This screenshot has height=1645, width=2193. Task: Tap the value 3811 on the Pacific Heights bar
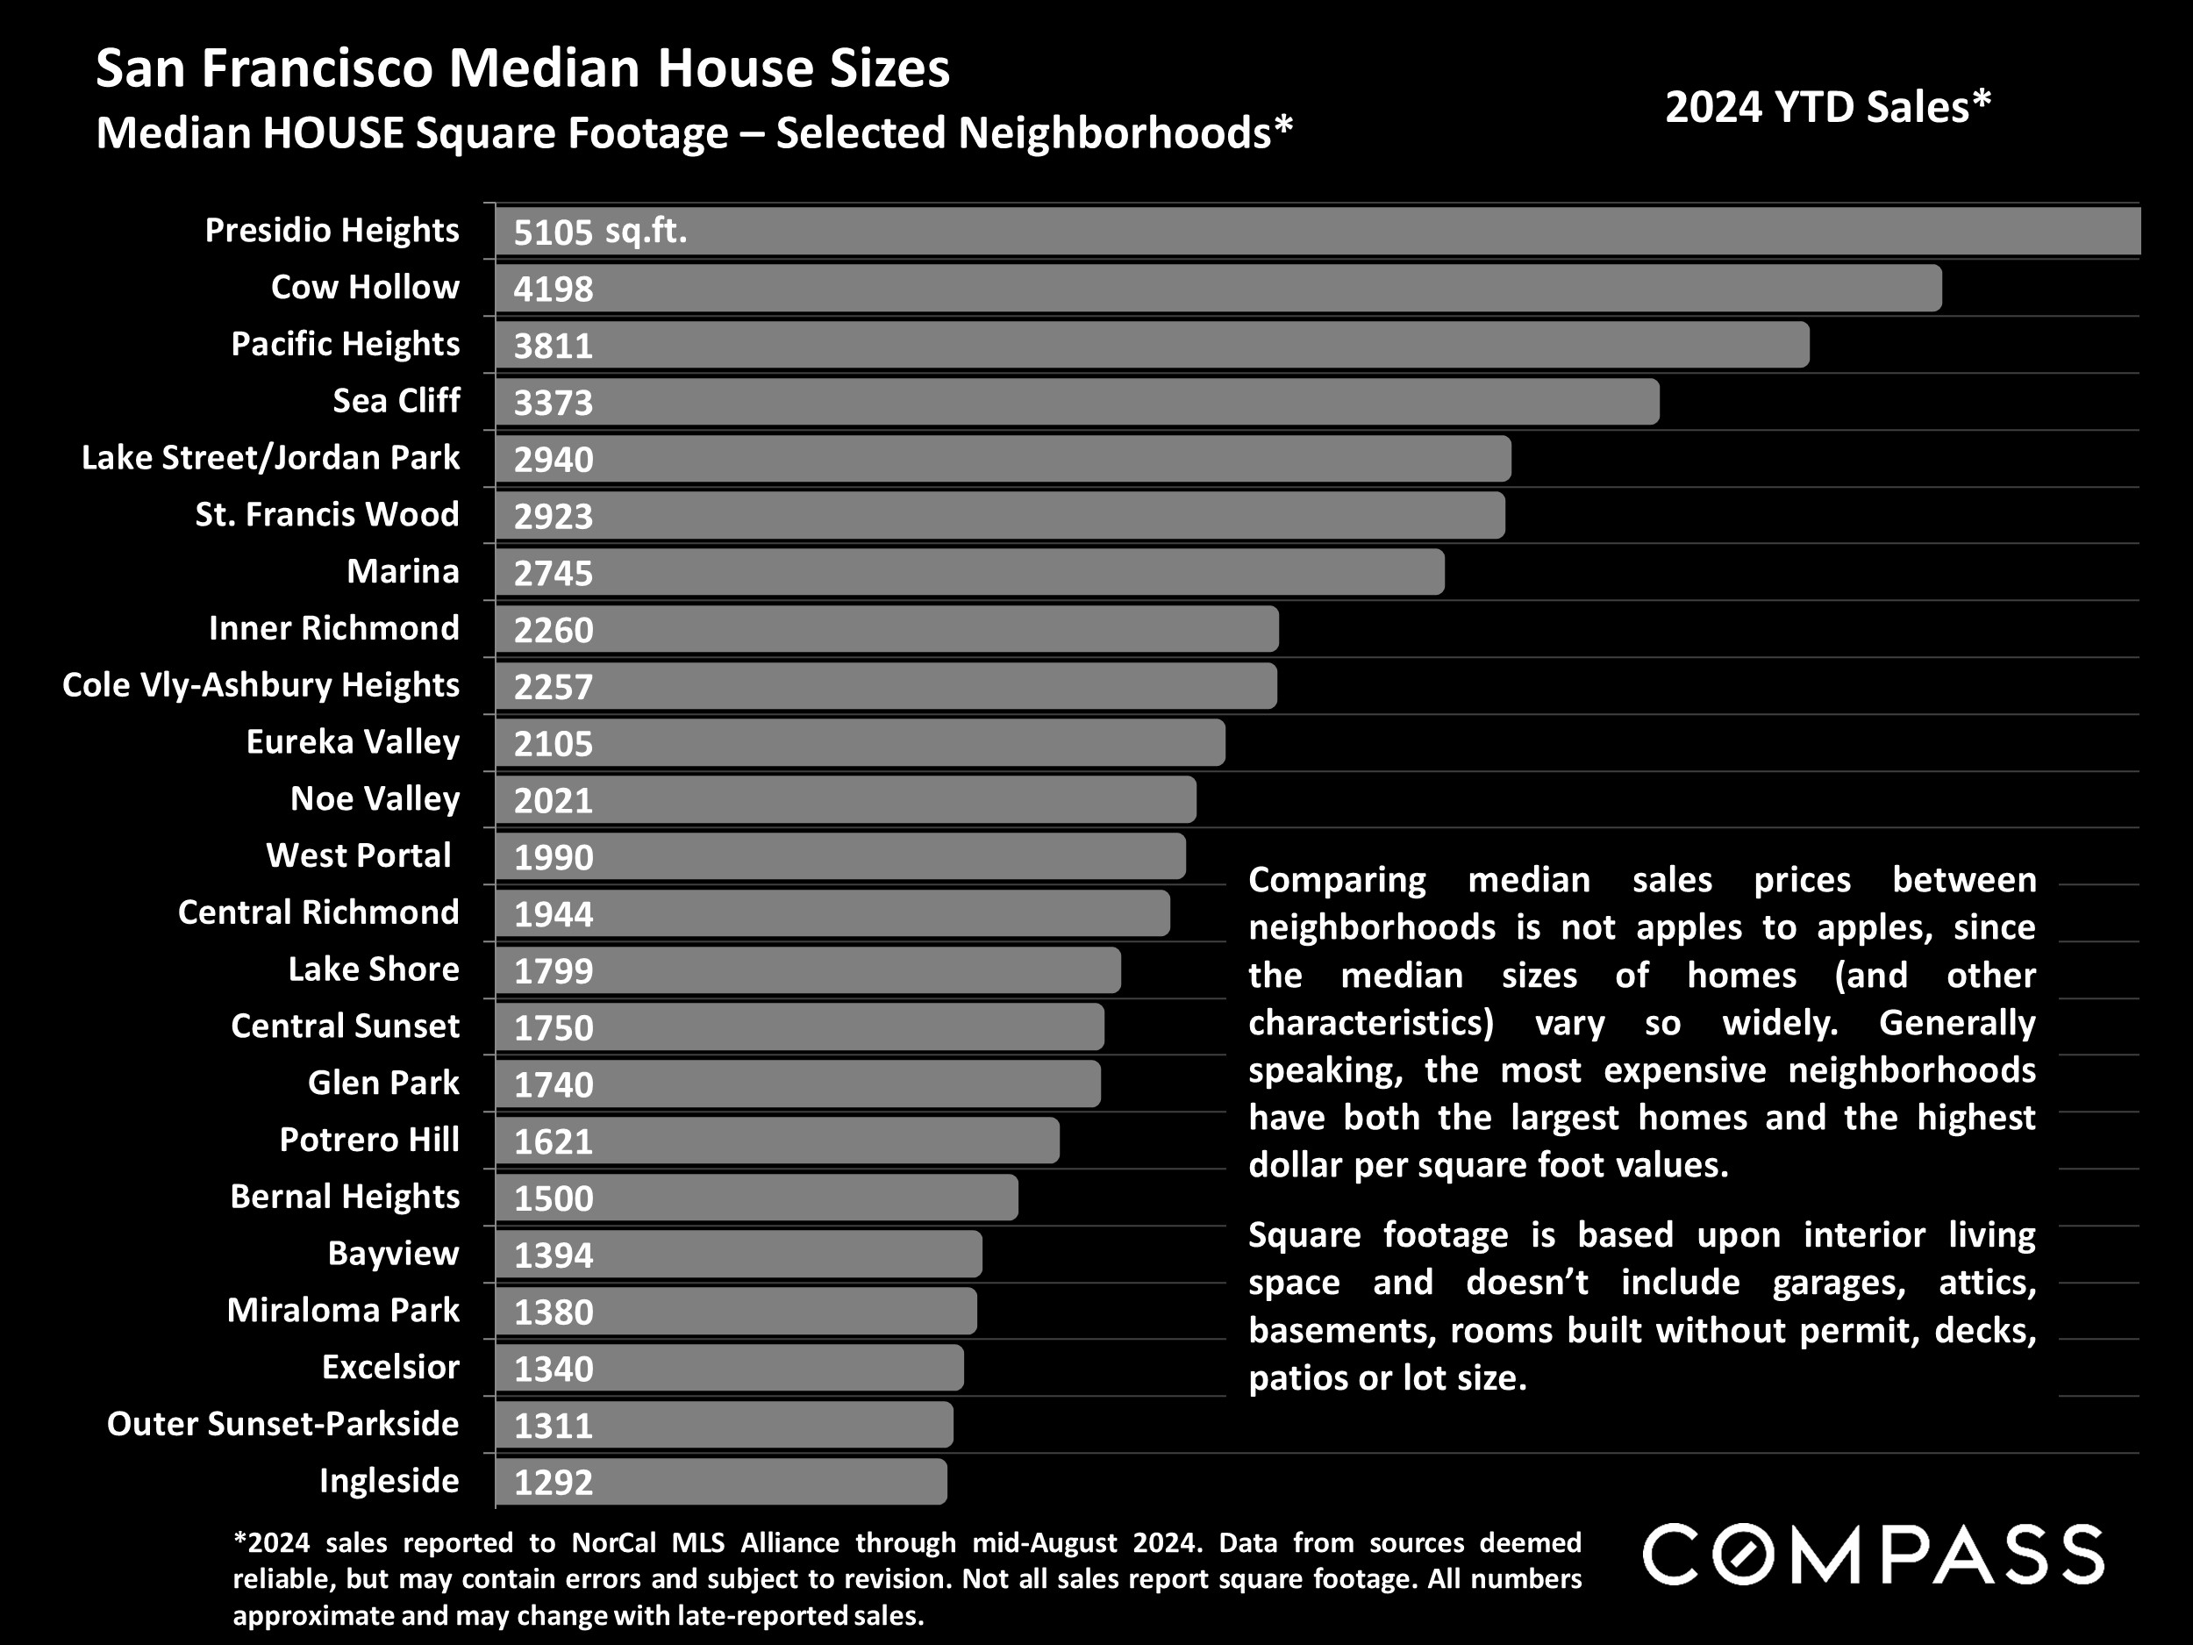tap(554, 346)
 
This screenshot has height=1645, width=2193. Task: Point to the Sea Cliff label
tap(396, 401)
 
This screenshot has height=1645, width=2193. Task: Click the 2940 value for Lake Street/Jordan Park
tap(554, 460)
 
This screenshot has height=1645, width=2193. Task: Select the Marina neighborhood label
tap(403, 571)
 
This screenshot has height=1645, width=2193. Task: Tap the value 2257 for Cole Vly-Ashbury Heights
tap(554, 687)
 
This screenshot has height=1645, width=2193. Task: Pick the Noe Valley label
tap(375, 799)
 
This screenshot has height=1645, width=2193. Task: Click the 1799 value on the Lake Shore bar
tap(554, 970)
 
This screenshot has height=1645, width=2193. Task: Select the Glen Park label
tap(382, 1083)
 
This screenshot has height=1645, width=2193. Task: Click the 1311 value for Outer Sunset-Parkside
tap(554, 1426)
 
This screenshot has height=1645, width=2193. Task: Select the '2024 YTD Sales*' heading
tap(1827, 107)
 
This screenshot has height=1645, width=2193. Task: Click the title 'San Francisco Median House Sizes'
tap(523, 68)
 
